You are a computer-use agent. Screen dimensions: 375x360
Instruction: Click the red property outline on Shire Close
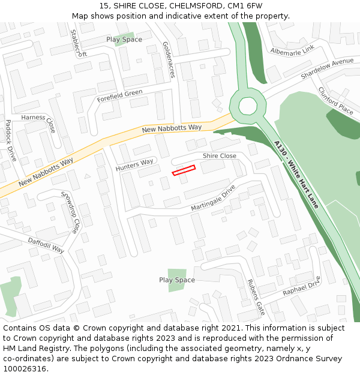click(184, 170)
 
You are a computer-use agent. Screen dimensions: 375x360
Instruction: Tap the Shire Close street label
click(219, 156)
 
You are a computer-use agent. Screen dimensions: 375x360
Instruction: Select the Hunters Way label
click(134, 165)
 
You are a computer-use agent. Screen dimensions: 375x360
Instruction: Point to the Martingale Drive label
click(213, 200)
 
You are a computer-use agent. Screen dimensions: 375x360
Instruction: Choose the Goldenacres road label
click(169, 60)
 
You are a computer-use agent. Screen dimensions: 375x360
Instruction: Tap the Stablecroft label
click(79, 43)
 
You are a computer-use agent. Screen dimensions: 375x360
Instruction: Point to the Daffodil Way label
click(46, 245)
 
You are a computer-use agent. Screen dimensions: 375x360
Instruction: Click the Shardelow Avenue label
click(327, 70)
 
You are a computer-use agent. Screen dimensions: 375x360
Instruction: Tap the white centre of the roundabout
click(247, 106)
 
